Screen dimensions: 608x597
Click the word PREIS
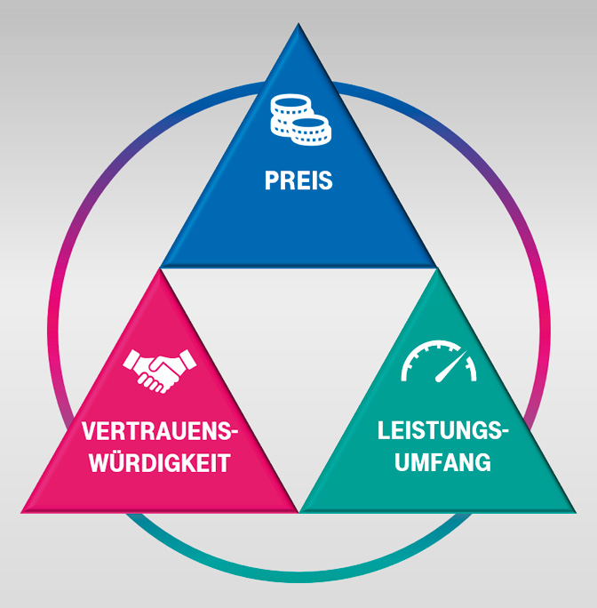298,181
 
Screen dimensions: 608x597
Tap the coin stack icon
299,118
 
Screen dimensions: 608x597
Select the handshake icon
160,370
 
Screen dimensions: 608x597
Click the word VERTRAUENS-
161,433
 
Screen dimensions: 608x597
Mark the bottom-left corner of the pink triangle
23,511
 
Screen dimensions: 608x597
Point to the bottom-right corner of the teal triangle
576,511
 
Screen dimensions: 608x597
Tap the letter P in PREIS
271,181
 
